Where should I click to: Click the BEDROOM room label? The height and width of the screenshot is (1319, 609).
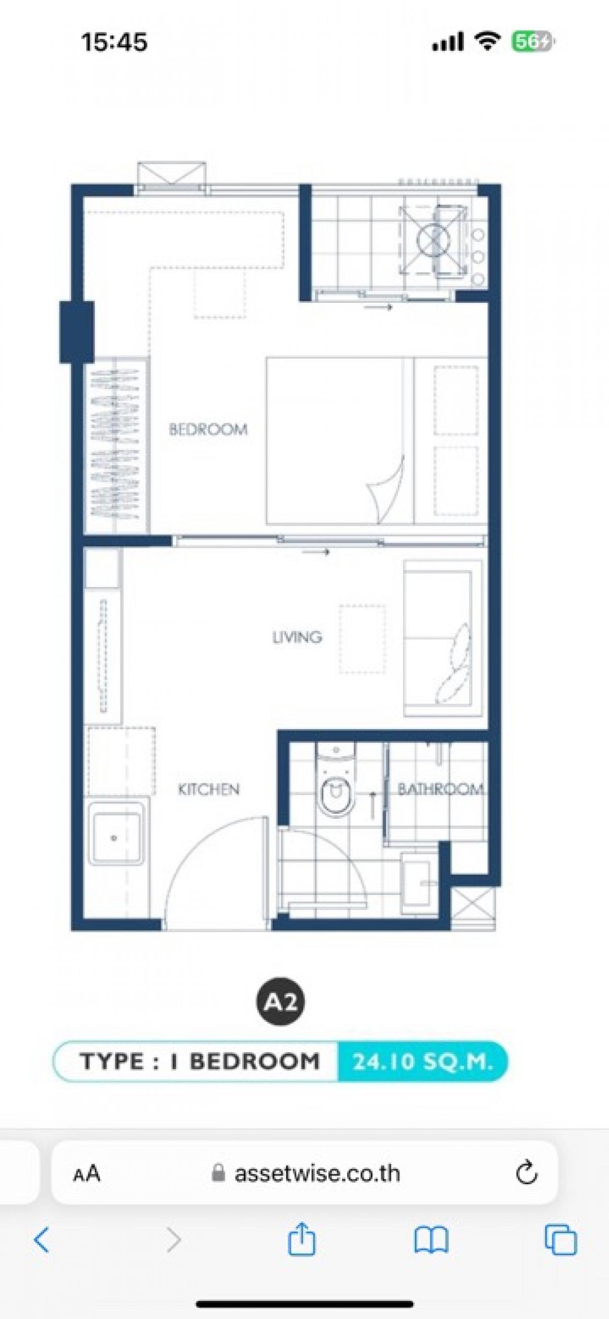209,429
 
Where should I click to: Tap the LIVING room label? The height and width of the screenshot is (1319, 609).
297,637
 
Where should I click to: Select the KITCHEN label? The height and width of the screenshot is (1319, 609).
209,789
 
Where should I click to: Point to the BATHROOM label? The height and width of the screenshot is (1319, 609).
441,789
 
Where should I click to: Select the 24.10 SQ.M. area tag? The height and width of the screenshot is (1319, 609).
423,1062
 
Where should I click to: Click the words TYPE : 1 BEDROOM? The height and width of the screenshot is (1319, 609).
200,1061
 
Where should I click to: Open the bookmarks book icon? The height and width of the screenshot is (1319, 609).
431,1239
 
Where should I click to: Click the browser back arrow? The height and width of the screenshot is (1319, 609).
42,1239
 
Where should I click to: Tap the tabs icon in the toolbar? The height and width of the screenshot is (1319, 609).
561,1240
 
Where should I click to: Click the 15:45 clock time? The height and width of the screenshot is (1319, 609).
114,42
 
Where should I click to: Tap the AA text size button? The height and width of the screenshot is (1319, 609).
87,1172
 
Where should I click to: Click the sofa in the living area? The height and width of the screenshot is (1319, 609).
443,638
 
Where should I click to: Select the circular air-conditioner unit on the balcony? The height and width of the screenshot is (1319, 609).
433,238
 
